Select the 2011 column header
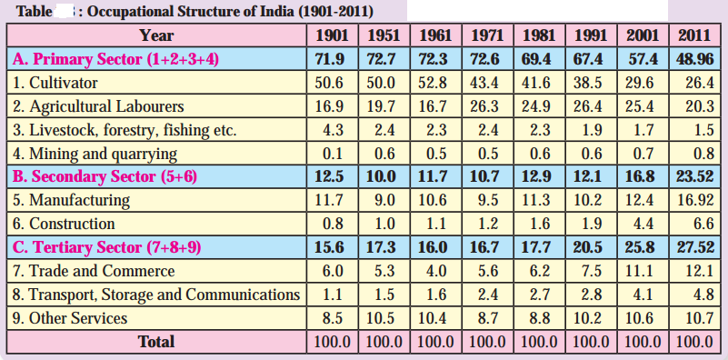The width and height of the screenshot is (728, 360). (x=694, y=35)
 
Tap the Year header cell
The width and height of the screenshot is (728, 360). (x=157, y=35)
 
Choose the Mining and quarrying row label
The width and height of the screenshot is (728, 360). (x=95, y=154)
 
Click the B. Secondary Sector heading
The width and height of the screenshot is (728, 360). (x=105, y=177)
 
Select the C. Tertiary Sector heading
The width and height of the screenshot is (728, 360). (x=106, y=247)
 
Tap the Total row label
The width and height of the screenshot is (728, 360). (x=156, y=342)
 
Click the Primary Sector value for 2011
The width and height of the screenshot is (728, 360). (x=694, y=59)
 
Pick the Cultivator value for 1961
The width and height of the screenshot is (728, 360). (x=433, y=83)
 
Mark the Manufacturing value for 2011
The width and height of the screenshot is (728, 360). (x=694, y=201)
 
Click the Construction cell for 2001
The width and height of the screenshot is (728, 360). (x=643, y=225)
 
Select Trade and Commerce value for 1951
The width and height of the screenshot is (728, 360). (x=384, y=271)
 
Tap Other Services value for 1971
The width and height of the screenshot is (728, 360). (x=488, y=318)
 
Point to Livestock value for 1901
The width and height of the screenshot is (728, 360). (x=333, y=130)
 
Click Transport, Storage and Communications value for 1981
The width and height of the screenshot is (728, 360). (x=540, y=295)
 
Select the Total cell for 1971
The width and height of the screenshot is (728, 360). (x=487, y=342)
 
